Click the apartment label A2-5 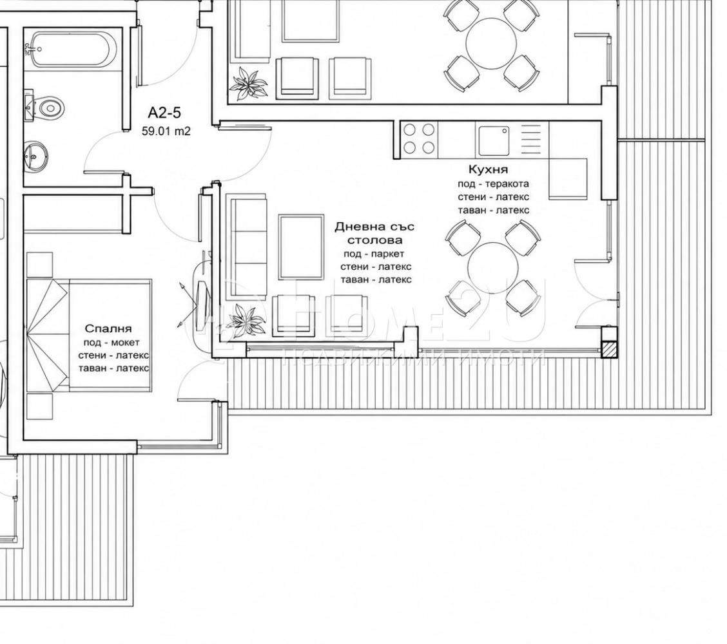164,113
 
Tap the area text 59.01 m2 166,131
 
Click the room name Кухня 488,169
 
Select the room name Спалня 108,328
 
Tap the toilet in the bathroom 45,108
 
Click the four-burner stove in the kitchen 419,139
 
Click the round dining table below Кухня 493,268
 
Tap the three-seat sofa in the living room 247,246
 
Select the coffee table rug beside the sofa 301,247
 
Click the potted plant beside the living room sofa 247,319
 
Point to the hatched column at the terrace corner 609,349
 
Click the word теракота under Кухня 507,184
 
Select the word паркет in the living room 386,254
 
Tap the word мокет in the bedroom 125,343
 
